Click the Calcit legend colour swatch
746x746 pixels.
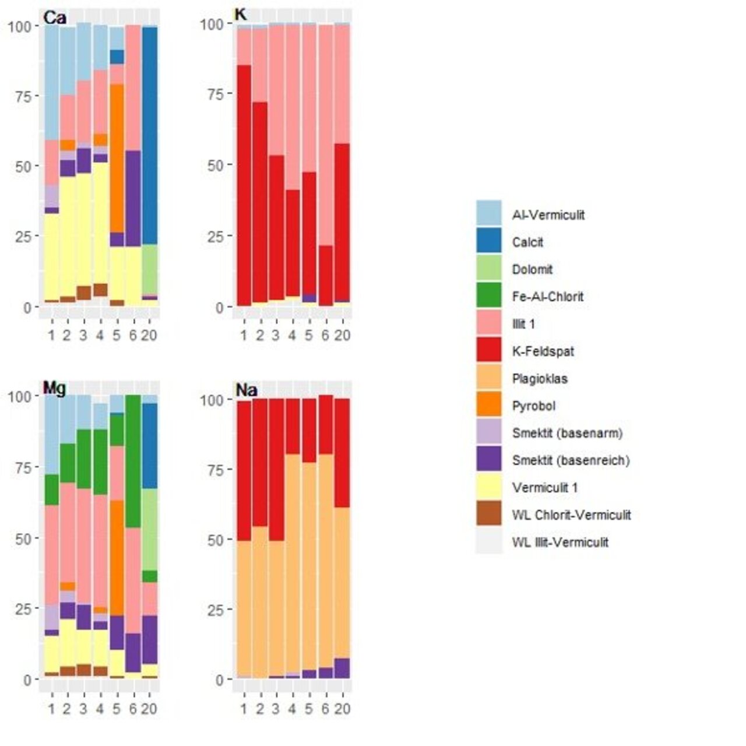coord(488,241)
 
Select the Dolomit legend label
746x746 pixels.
coord(532,269)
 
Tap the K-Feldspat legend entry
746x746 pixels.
coord(543,351)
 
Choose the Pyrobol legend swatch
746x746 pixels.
coord(488,406)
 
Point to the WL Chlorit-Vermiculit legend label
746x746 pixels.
coord(571,515)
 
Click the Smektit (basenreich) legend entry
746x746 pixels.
coord(571,460)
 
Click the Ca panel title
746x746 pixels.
coord(55,18)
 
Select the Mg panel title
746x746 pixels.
coord(54,388)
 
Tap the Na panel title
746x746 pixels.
coord(247,389)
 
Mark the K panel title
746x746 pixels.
coord(240,14)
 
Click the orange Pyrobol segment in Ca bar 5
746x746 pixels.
coord(117,157)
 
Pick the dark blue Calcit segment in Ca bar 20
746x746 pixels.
coord(150,134)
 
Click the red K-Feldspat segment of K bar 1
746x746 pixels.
coord(244,186)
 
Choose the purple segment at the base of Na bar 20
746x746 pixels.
coord(342,668)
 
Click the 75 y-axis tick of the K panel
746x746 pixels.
coord(216,94)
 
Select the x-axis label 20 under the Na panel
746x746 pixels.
coord(342,709)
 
